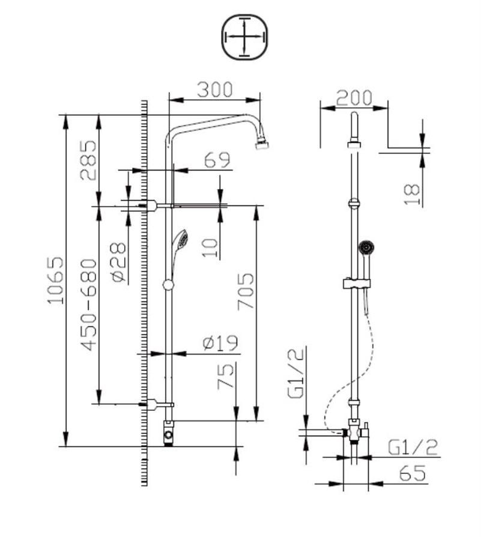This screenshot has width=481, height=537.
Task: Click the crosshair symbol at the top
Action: click(244, 37)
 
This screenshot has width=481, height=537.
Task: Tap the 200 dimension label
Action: click(354, 98)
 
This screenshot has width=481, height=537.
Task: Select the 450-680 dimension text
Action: click(88, 305)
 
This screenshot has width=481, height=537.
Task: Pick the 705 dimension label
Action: click(245, 291)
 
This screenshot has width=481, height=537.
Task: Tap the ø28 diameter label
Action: click(118, 262)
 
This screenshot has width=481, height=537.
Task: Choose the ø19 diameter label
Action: click(220, 343)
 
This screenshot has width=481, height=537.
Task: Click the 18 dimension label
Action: click(412, 195)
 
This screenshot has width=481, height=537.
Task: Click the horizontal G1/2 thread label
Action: click(413, 447)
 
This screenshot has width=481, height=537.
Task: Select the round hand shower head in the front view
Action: click(365, 246)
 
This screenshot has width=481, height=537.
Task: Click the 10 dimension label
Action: click(208, 247)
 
